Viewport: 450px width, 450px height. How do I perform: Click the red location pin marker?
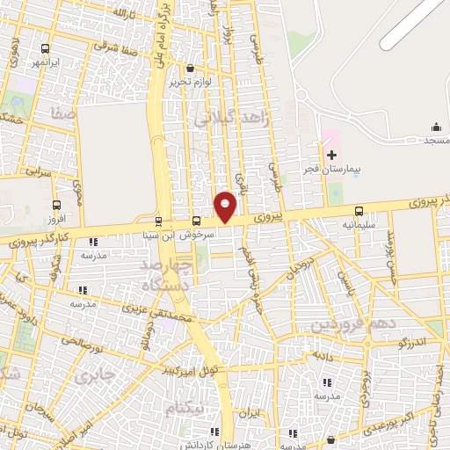pyautogui.click(x=226, y=206)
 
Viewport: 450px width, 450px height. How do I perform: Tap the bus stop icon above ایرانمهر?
pyautogui.click(x=45, y=48)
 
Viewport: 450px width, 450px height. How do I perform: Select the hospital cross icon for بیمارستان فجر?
pyautogui.click(x=331, y=155)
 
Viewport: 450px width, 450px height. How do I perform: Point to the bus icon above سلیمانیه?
pyautogui.click(x=359, y=211)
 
